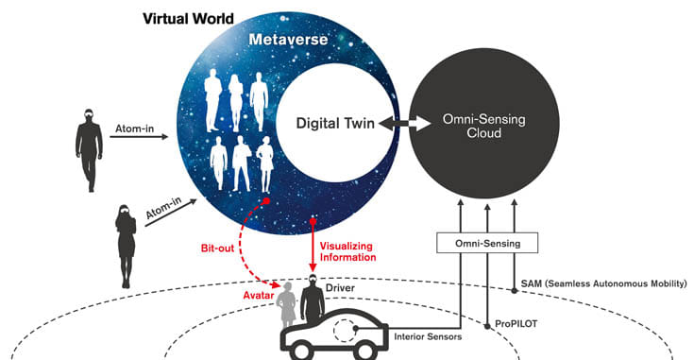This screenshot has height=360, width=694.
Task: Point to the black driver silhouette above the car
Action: pos(312,298)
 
